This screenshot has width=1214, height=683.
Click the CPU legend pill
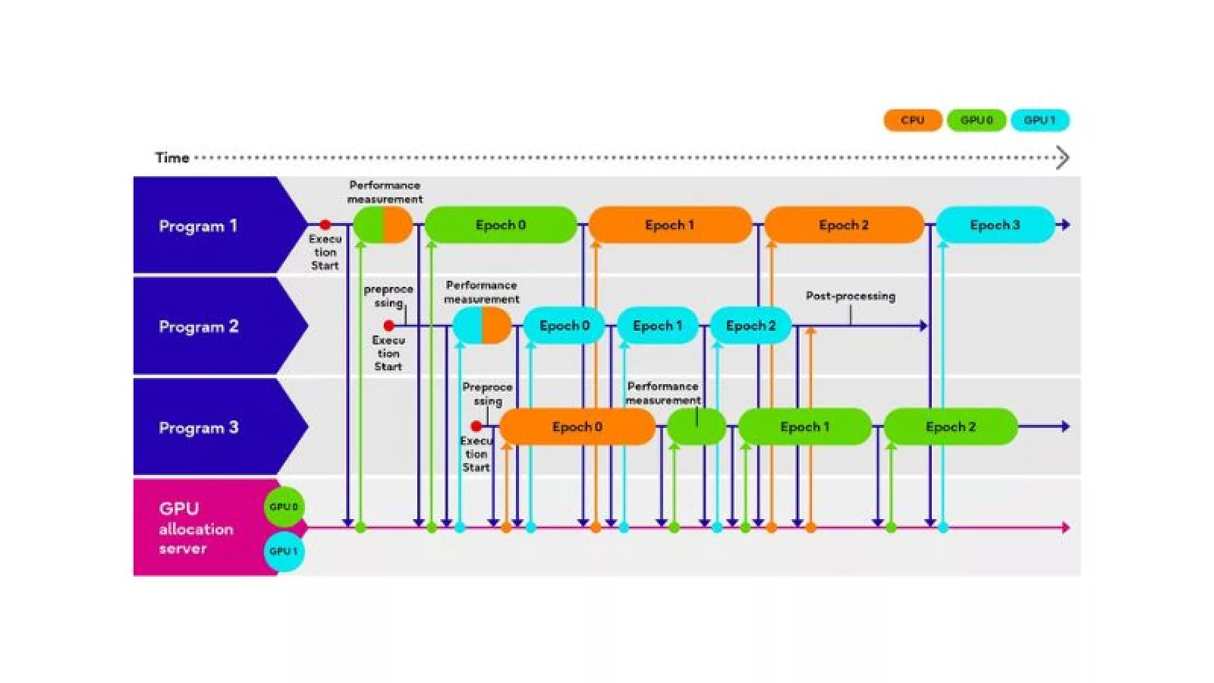pos(912,120)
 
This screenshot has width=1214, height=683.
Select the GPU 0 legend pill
pos(976,120)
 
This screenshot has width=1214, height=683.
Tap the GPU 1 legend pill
pos(1039,120)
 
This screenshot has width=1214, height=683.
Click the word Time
pos(171,158)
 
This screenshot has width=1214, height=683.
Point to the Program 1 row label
pos(198,225)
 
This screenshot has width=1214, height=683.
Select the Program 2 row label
pos(198,326)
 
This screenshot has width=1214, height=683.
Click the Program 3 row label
pos(198,427)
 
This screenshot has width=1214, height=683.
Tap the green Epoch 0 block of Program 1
pos(501,225)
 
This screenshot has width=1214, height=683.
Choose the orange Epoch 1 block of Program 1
pos(669,225)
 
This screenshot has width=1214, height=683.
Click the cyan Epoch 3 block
pos(995,225)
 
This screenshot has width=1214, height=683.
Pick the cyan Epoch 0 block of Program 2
pos(564,326)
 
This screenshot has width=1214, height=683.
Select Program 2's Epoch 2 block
pos(750,326)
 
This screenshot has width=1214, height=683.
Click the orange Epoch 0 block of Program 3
pos(577,426)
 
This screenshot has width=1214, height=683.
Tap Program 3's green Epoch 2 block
pos(950,426)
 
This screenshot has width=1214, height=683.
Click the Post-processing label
pos(850,296)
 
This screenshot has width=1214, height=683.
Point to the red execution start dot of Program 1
pos(325,225)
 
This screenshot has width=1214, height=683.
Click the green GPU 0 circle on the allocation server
pos(284,506)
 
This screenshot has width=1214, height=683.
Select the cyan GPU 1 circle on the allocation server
pos(284,551)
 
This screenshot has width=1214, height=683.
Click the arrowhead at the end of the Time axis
pos(1063,158)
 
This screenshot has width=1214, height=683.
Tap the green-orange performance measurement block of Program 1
pos(383,225)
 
